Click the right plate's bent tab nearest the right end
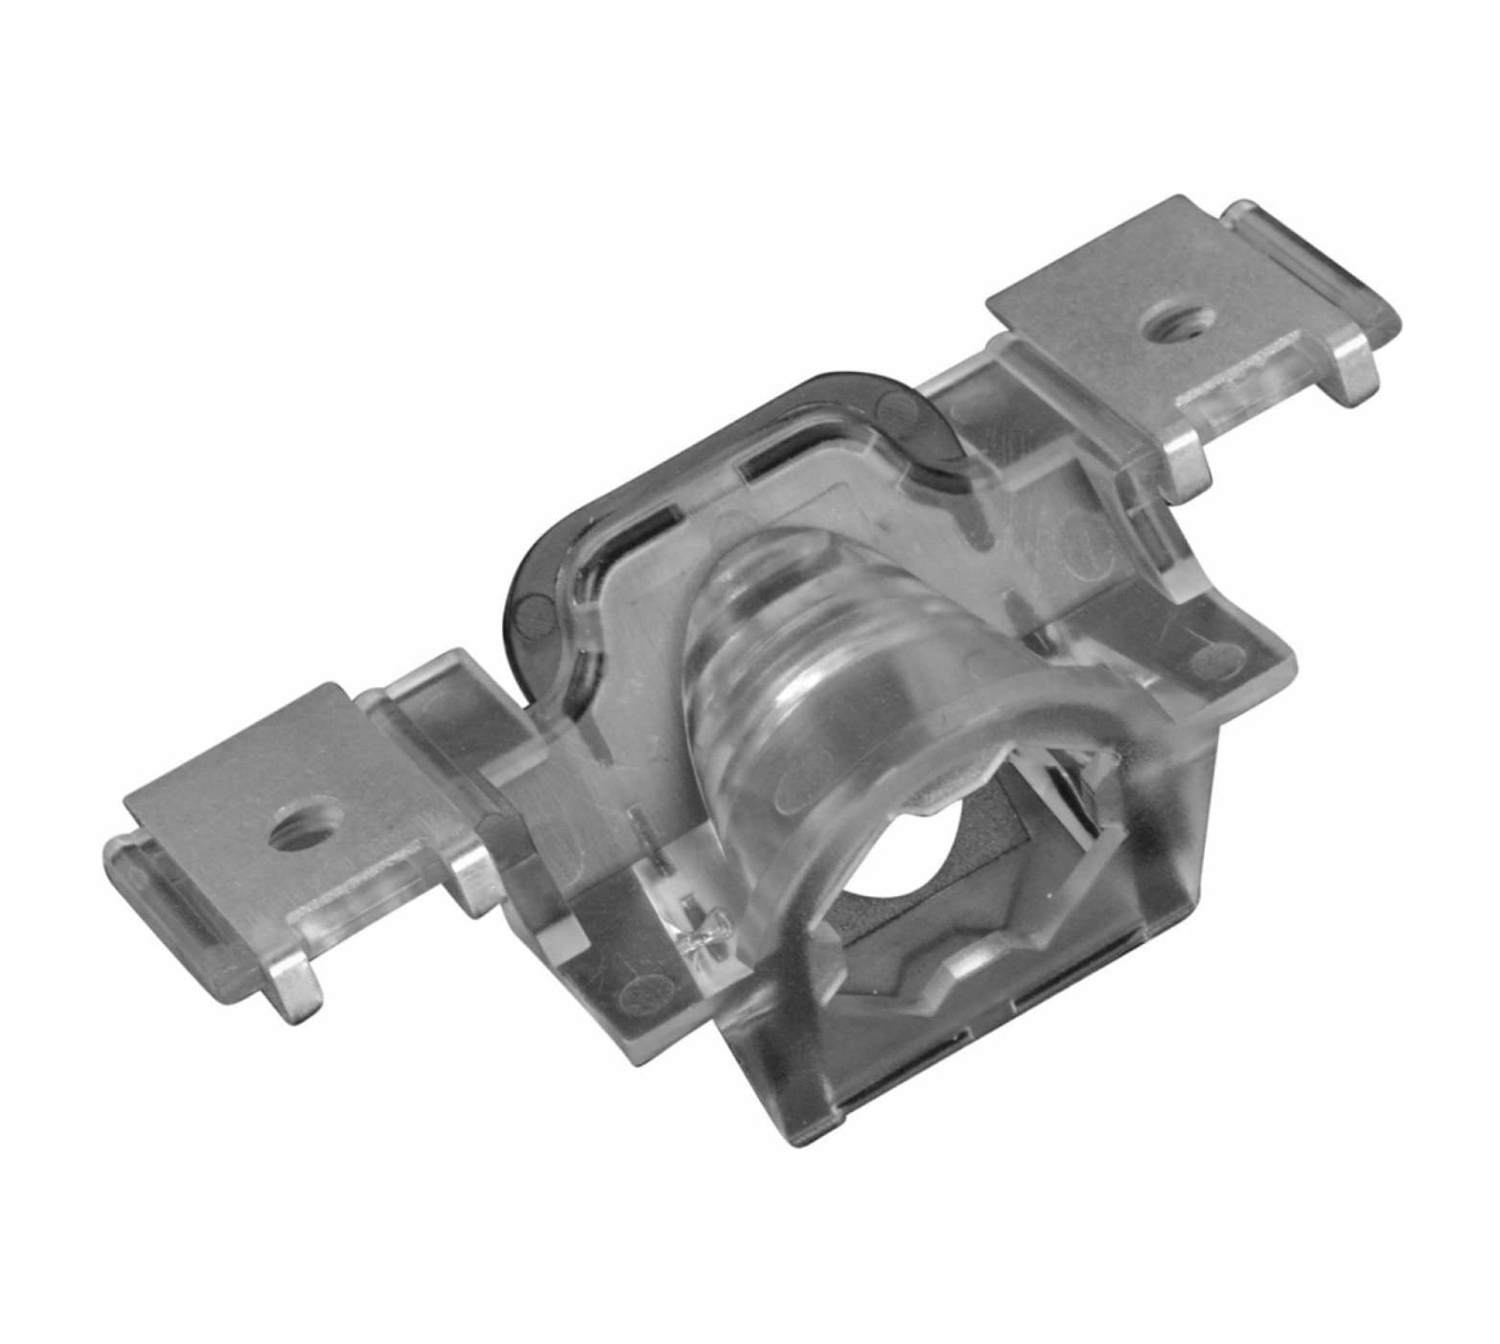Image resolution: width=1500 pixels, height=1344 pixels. point(1351,376)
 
